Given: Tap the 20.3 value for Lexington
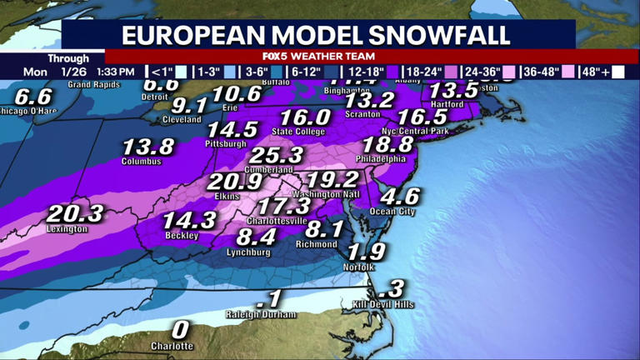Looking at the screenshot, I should [x=75, y=214].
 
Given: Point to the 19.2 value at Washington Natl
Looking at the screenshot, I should [x=331, y=180].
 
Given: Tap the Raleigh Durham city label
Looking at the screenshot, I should [x=262, y=314].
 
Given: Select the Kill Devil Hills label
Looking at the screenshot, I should [x=383, y=305].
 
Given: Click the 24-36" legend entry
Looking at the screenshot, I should [x=477, y=72].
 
